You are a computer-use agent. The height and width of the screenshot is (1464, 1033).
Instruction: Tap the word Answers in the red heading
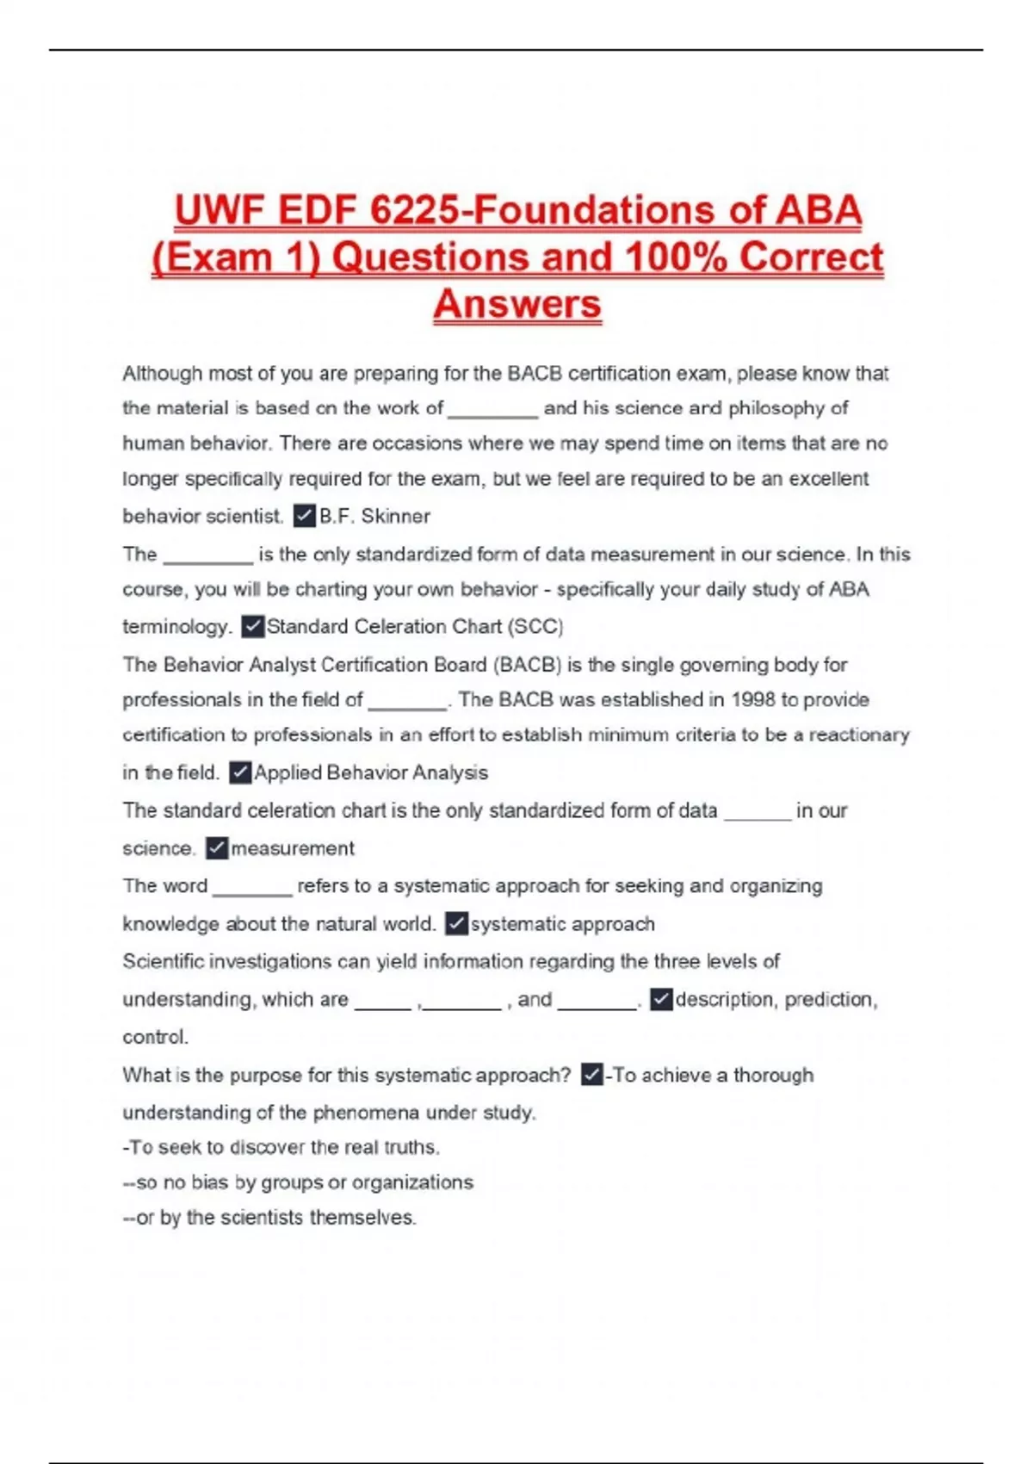click(x=517, y=304)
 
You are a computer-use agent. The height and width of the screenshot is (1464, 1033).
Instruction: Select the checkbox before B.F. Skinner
click(x=304, y=516)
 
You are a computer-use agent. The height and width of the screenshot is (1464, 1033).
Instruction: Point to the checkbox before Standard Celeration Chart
click(x=252, y=626)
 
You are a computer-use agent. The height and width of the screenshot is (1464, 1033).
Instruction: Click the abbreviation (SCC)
click(x=535, y=626)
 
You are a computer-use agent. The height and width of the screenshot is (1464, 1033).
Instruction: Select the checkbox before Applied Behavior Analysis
click(x=240, y=772)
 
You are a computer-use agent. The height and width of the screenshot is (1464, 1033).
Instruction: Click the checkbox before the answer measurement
click(x=217, y=848)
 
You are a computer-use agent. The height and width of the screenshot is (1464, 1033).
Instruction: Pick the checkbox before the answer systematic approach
click(x=456, y=924)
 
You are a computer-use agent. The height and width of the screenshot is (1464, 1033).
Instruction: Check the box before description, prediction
click(x=661, y=999)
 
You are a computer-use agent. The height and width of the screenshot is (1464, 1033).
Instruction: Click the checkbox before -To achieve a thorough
click(x=591, y=1075)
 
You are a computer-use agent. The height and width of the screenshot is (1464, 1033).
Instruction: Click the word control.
click(x=155, y=1037)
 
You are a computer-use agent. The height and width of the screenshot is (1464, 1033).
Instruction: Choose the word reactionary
click(x=858, y=735)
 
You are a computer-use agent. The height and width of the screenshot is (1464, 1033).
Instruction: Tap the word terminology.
click(x=176, y=626)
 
